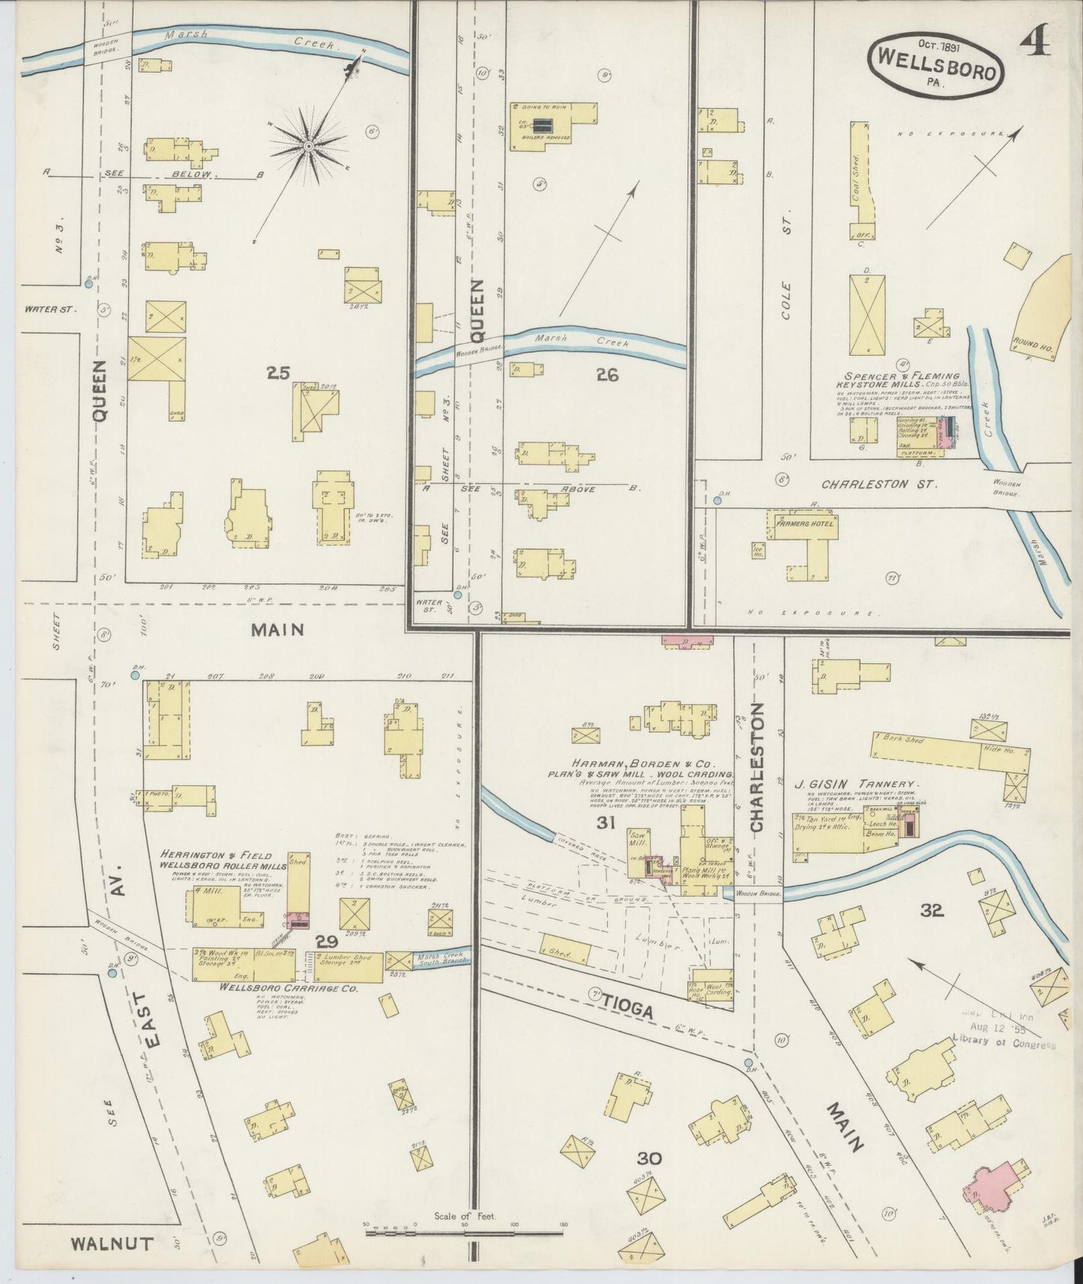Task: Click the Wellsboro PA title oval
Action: coord(936,64)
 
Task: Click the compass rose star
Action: coord(308,147)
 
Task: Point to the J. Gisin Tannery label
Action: coord(855,784)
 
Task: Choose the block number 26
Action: coord(606,375)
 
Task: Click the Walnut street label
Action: coord(112,1244)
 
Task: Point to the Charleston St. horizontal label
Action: coord(878,484)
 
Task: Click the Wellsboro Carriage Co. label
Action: coord(288,988)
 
